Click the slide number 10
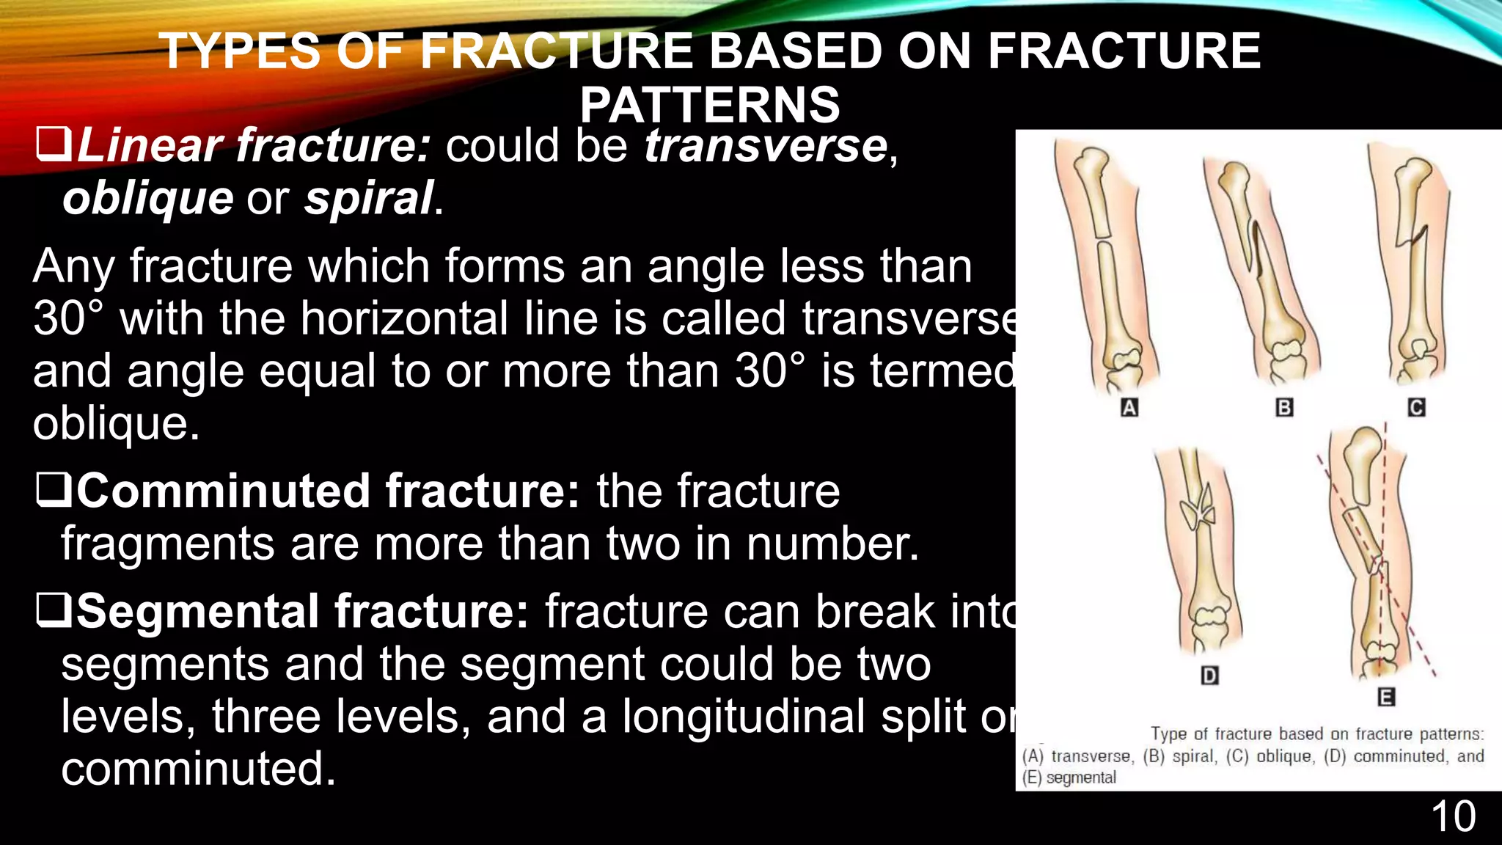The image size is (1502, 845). click(1453, 816)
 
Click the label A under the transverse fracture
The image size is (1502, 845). click(1129, 408)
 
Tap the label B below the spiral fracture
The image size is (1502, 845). click(1284, 408)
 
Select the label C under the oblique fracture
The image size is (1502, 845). click(1416, 408)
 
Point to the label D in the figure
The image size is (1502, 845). click(1209, 676)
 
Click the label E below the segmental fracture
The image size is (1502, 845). click(1385, 697)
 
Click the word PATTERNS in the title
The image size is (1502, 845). click(709, 105)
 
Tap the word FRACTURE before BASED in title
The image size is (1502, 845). click(557, 51)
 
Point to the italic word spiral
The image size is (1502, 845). click(369, 198)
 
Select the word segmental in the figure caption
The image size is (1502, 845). click(1080, 778)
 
